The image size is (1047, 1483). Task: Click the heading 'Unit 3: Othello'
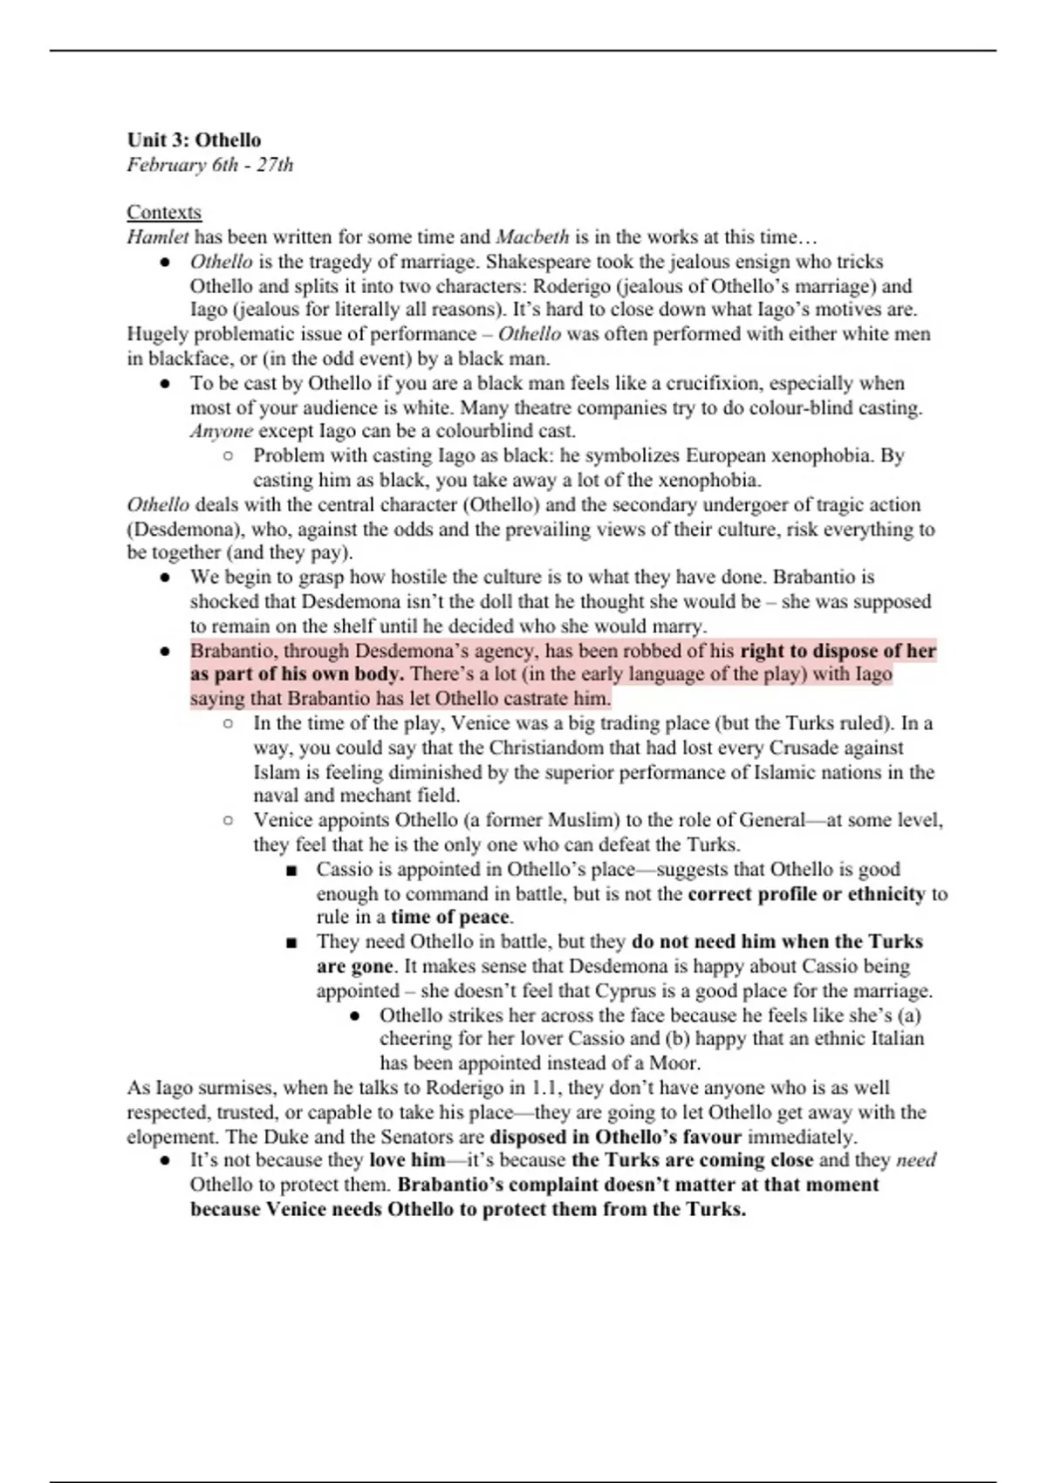point(194,140)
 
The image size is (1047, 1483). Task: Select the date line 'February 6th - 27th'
point(209,165)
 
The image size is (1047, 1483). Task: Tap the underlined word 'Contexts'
point(164,212)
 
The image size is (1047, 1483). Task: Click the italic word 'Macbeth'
point(532,236)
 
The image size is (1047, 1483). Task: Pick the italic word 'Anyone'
point(222,431)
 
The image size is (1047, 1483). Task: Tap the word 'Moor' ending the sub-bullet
point(673,1063)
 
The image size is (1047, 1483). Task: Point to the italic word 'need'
point(916,1160)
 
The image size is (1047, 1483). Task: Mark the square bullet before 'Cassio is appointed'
point(291,870)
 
